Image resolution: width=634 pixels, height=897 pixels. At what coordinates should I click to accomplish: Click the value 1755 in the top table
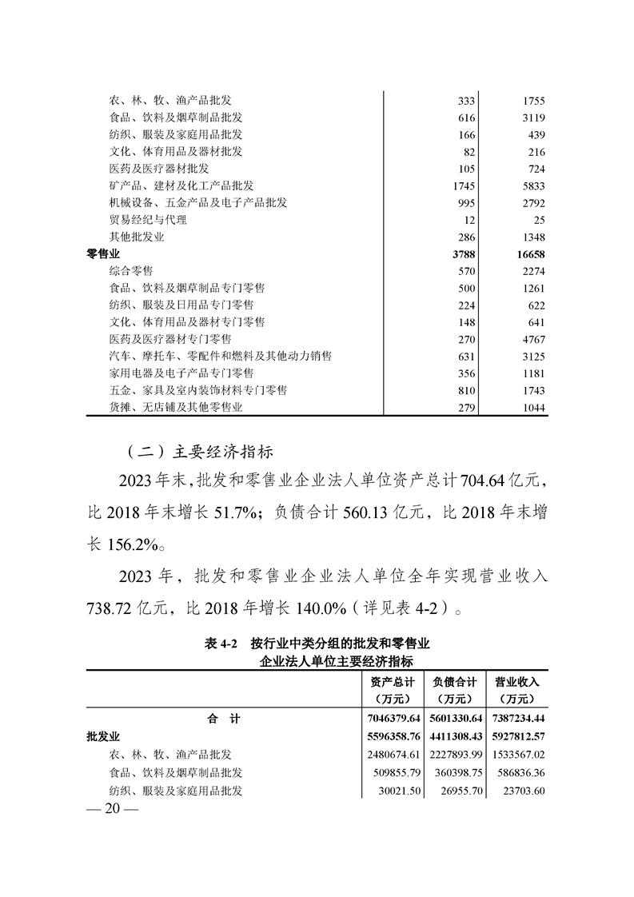pyautogui.click(x=532, y=100)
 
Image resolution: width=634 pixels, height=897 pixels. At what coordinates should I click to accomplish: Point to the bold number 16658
pyautogui.click(x=528, y=254)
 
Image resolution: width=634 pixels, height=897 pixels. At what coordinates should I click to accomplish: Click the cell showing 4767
pyautogui.click(x=532, y=339)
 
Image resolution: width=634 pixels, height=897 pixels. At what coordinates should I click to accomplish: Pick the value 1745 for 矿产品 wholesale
pyautogui.click(x=464, y=185)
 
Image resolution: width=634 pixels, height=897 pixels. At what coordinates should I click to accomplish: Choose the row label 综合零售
pyautogui.click(x=130, y=271)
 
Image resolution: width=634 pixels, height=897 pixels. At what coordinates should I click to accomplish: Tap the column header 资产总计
pyautogui.click(x=392, y=682)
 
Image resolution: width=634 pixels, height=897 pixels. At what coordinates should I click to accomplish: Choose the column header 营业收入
pyautogui.click(x=516, y=682)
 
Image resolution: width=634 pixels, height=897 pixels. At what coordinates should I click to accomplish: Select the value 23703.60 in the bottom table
pyautogui.click(x=520, y=791)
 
